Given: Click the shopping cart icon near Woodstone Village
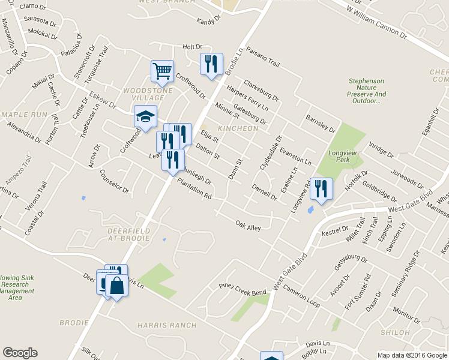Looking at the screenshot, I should click(162, 72).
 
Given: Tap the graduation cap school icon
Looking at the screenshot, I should click(145, 117).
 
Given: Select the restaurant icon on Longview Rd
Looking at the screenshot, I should click(321, 189).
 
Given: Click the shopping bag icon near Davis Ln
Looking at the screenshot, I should click(118, 287).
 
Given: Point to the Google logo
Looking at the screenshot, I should click(20, 353).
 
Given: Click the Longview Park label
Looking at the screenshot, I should click(340, 156).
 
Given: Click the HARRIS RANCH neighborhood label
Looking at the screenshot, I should click(166, 325).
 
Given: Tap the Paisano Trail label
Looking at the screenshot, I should click(263, 58).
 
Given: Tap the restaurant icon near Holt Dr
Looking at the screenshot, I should click(211, 64).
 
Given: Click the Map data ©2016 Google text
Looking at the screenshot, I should click(412, 355).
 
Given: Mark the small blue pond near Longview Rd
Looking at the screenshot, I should click(309, 210).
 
